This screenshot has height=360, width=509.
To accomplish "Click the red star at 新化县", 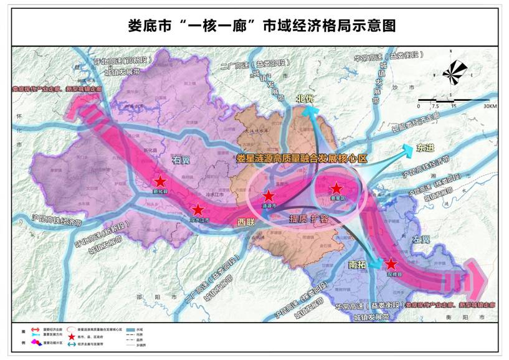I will pyautogui.click(x=160, y=181).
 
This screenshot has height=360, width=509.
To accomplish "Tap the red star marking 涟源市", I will pyautogui.click(x=269, y=195).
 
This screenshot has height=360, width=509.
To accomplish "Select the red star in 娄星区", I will pyautogui.click(x=336, y=187).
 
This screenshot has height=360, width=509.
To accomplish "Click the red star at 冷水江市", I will pyautogui.click(x=197, y=210).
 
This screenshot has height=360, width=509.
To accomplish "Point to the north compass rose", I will pyautogui.click(x=455, y=72).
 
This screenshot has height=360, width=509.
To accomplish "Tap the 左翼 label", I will pyautogui.click(x=421, y=240).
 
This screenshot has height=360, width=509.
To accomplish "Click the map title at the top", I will pyautogui.click(x=254, y=26).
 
